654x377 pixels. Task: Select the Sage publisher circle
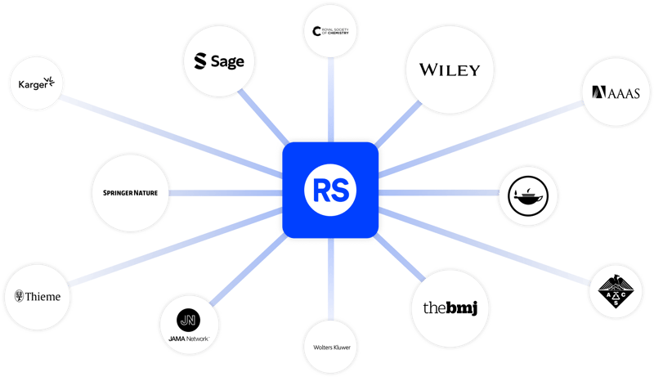[x=218, y=61]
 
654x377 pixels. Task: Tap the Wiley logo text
[x=449, y=70]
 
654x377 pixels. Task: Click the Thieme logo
[x=38, y=296]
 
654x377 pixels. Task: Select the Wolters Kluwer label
[x=330, y=347]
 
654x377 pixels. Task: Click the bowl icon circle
[x=529, y=193]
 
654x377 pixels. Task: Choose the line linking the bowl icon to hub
[x=441, y=193]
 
